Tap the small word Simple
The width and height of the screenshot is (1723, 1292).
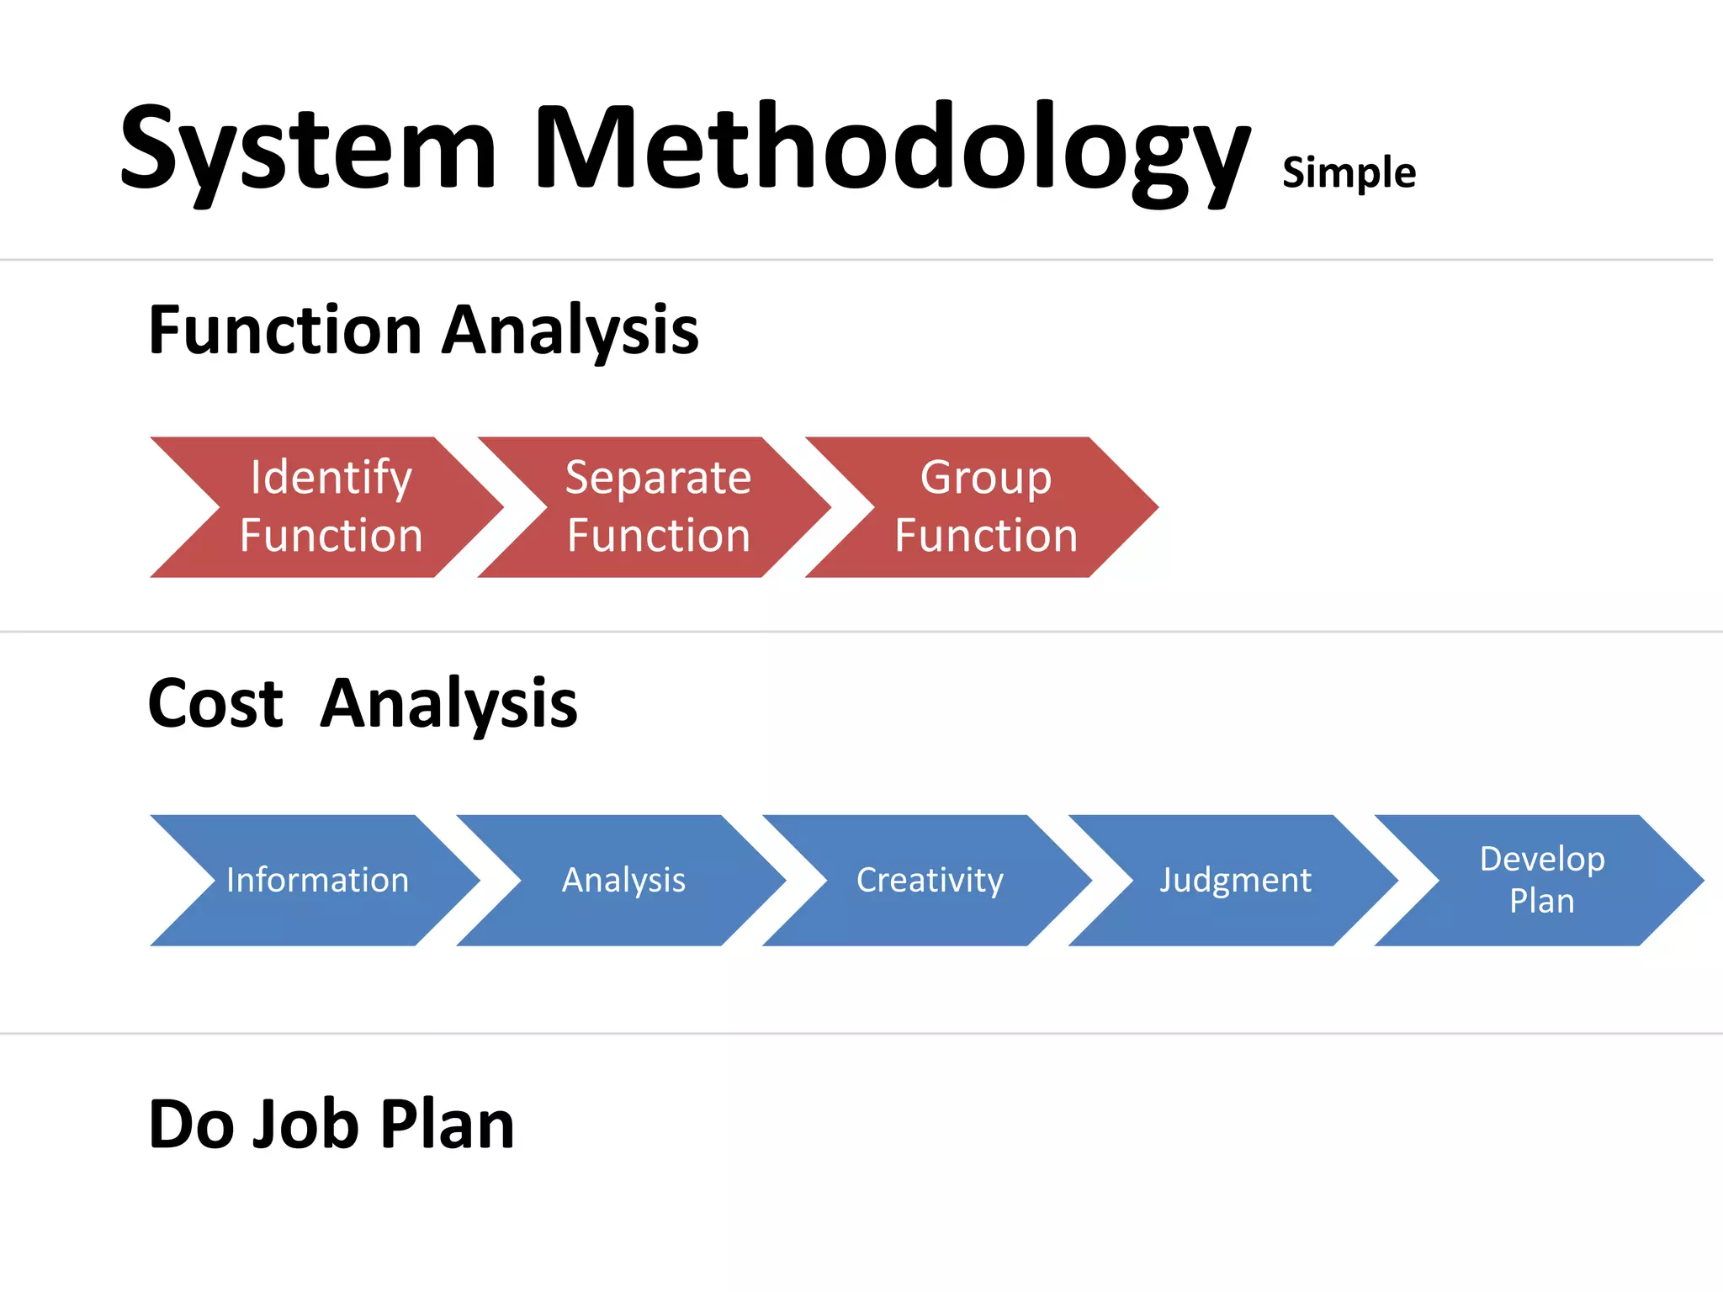click(1348, 173)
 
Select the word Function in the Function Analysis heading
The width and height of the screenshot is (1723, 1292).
click(284, 330)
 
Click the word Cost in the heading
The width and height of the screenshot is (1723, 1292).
click(215, 703)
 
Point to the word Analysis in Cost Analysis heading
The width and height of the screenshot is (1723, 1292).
click(448, 703)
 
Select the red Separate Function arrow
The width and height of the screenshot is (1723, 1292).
click(657, 507)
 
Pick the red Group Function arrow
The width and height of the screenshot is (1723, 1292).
click(985, 507)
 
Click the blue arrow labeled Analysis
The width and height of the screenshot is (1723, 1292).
click(623, 880)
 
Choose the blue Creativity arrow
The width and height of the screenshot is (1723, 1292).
click(929, 880)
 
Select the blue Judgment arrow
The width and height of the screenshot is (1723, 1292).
click(1235, 880)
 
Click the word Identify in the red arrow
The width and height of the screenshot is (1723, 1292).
click(331, 478)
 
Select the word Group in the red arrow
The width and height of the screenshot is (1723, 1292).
click(985, 478)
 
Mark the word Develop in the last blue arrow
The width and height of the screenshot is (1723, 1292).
click(1541, 859)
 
